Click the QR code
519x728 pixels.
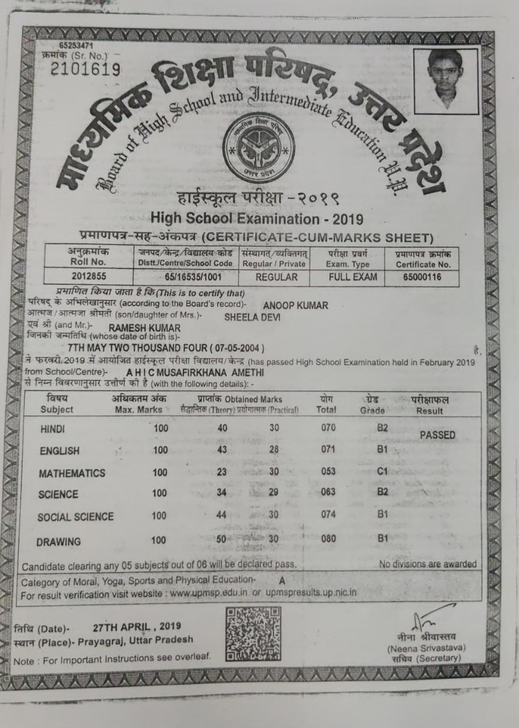click(x=253, y=633)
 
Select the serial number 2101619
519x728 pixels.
click(x=85, y=69)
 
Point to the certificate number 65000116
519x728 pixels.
click(x=422, y=277)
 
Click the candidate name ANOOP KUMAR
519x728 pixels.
click(x=295, y=305)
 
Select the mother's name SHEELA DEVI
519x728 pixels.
click(x=252, y=317)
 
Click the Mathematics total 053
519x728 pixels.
click(x=328, y=471)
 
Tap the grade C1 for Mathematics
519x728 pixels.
click(x=381, y=471)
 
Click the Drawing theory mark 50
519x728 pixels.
click(x=222, y=539)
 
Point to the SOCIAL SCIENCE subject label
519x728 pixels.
click(x=76, y=517)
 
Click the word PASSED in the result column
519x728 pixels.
click(x=437, y=435)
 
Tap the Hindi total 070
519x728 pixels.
click(x=328, y=428)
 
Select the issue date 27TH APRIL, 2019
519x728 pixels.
click(x=136, y=627)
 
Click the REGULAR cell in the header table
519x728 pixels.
click(x=276, y=277)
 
